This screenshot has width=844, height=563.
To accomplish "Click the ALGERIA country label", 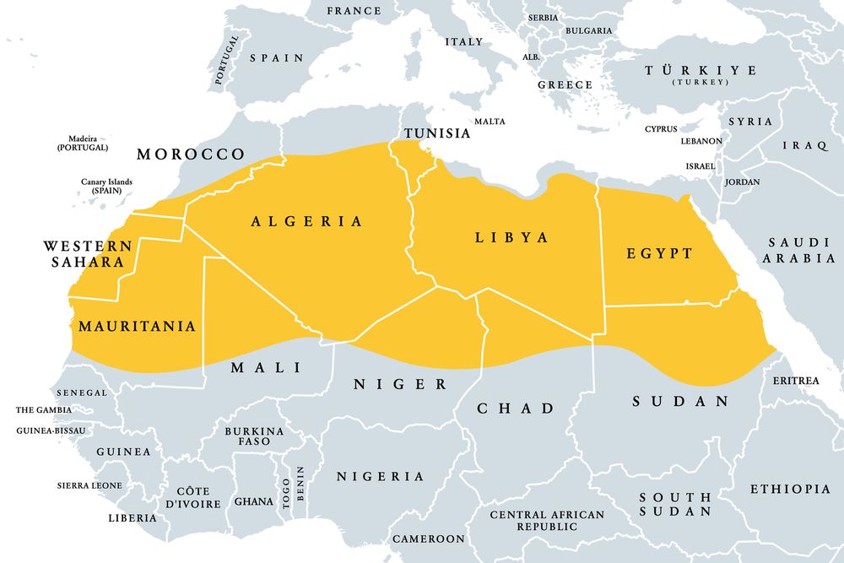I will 306,221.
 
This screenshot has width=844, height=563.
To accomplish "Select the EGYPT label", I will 659,253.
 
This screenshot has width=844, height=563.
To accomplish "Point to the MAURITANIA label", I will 137,326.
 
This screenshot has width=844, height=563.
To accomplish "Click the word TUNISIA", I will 436,133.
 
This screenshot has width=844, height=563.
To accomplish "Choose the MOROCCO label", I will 191,154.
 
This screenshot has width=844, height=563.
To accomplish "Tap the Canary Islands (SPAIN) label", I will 106,186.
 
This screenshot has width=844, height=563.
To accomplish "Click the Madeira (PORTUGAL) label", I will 83,143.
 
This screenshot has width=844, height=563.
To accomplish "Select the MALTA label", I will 490,122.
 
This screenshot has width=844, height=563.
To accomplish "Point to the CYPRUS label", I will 661,129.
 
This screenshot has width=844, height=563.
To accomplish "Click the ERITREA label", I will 796,381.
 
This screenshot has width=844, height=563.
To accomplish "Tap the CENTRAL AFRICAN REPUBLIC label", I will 547,520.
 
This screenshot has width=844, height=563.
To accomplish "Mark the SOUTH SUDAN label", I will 674,504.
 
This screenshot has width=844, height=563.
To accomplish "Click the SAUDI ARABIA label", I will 798,250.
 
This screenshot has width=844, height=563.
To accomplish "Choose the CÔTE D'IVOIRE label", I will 192,497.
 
